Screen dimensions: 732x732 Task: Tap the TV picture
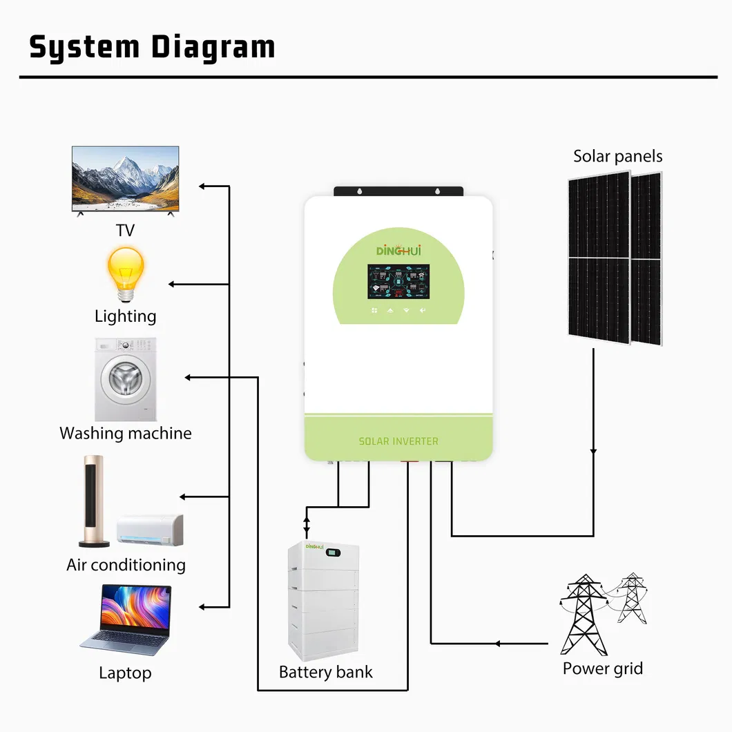tap(126, 178)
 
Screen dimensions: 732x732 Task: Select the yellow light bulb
tap(125, 271)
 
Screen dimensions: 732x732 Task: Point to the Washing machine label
tap(126, 434)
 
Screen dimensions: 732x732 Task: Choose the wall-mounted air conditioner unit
tap(151, 528)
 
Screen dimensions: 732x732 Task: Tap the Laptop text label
tap(125, 673)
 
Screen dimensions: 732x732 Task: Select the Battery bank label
tap(326, 672)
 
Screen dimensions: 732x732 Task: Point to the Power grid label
tap(603, 668)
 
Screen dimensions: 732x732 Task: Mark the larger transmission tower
tap(584, 614)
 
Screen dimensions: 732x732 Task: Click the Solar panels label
tap(618, 156)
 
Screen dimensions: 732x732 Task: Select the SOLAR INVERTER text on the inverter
tap(398, 441)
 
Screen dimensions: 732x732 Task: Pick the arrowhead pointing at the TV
tap(202, 186)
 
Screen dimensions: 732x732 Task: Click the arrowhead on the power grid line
tap(497, 644)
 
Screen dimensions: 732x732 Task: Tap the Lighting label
tap(126, 316)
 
